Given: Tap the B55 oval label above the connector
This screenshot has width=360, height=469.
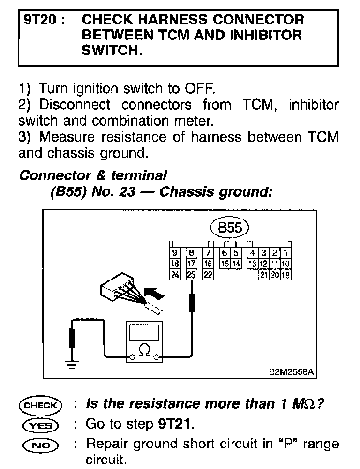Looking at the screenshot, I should (231, 228).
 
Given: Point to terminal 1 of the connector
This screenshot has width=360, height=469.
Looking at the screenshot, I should (286, 254).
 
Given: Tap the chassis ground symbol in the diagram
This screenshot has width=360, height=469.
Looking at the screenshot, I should (72, 364).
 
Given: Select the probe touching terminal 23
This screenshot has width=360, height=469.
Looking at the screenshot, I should (191, 303).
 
